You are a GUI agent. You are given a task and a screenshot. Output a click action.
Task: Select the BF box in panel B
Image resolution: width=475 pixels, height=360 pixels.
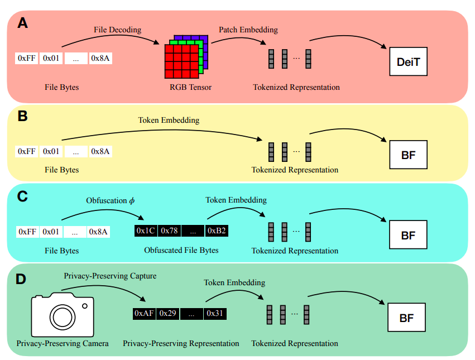408,155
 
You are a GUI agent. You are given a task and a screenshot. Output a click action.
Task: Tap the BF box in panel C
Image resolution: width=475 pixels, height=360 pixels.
408,234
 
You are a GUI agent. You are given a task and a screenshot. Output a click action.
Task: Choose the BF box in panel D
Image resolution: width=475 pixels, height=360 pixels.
408,318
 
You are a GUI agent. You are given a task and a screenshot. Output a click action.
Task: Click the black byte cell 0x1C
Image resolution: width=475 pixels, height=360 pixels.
145,231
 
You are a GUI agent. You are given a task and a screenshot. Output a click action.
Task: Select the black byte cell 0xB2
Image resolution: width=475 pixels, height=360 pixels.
217,231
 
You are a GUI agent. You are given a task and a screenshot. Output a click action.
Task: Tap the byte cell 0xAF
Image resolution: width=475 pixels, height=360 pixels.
144,314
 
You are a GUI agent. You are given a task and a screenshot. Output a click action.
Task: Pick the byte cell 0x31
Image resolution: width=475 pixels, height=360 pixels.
215,314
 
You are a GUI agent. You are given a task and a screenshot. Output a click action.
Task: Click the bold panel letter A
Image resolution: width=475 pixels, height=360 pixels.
22,23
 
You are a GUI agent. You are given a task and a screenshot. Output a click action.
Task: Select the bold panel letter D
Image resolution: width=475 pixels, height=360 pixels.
21,279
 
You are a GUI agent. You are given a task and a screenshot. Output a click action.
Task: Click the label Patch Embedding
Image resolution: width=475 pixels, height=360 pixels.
248,30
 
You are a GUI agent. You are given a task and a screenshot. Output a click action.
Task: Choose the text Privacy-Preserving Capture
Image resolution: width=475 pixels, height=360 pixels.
110,276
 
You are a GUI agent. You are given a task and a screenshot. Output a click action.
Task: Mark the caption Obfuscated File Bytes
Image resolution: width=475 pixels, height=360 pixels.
181,250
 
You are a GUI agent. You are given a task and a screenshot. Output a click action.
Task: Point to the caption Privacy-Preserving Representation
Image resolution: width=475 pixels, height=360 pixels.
181,343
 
